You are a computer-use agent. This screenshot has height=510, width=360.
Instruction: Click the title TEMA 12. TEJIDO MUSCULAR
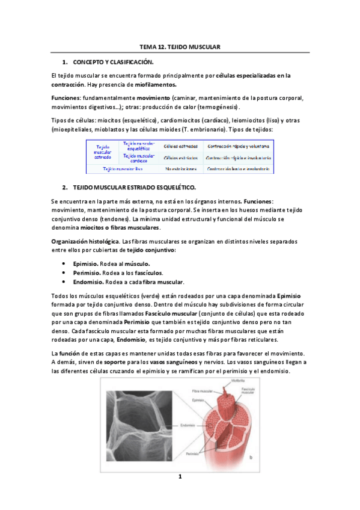[x=180, y=46]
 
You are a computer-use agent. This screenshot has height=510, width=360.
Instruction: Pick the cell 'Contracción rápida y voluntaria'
[x=237, y=146]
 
